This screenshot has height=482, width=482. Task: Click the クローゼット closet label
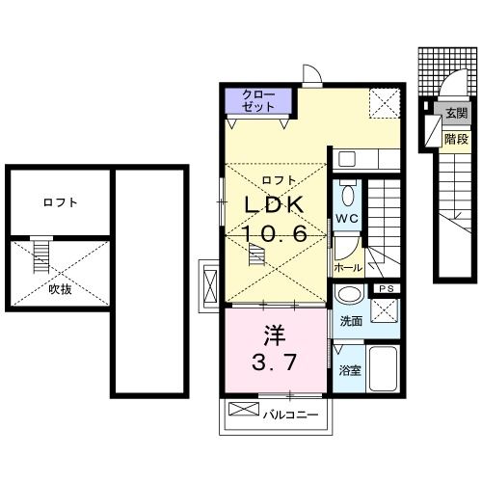coord(257,101)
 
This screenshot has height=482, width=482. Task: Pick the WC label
coord(347,220)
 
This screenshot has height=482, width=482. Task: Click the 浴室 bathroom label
coord(349,370)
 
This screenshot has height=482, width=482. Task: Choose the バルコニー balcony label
coord(285,416)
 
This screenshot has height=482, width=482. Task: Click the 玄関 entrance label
coord(455,114)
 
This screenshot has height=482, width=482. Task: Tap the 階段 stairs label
coord(455,138)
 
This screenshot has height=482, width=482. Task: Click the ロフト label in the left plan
coord(60,202)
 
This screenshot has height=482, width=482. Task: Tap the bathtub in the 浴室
coord(383,366)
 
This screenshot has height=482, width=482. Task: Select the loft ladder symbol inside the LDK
coord(256,254)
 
